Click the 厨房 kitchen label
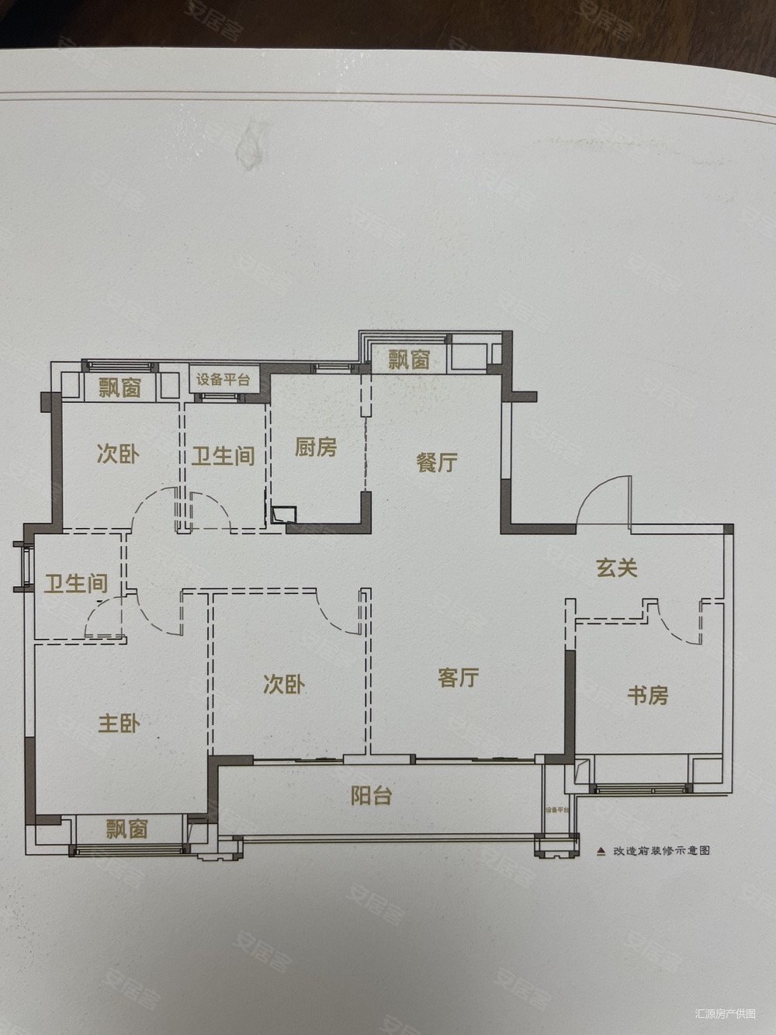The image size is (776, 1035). point(316,447)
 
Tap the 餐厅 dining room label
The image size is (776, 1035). point(437,463)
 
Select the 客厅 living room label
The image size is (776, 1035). point(458,678)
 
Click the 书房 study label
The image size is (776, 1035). point(647,695)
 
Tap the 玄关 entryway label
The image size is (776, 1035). point(618,568)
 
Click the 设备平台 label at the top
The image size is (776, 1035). point(223,380)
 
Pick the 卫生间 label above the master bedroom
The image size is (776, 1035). point(75,583)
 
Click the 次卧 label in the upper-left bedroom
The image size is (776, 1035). point(119,454)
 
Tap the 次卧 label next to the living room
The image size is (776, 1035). point(284,685)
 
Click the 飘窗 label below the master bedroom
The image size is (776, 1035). point(127,829)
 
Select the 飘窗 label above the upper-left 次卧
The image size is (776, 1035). point(120,387)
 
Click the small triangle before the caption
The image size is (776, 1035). point(600,850)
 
